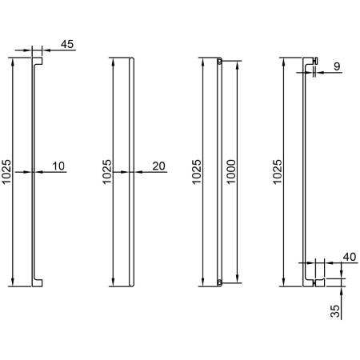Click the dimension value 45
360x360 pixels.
[x=67, y=44]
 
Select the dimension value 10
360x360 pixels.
[x=58, y=166]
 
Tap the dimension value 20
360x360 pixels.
[x=159, y=166]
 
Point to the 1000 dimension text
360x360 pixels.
[x=231, y=172]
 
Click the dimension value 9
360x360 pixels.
[x=337, y=66]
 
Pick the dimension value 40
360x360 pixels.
[x=350, y=257]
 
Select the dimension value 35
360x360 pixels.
[x=335, y=311]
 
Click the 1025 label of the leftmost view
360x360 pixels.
[x=6, y=172]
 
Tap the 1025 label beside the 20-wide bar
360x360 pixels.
[x=107, y=172]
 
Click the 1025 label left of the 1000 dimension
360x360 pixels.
[x=197, y=172]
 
